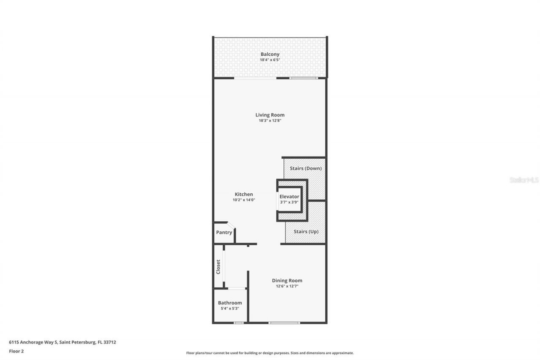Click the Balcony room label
(270, 54)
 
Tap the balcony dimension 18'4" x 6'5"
(270, 60)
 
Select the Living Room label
(270, 115)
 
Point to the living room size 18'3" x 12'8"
(270, 121)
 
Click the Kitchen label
(244, 194)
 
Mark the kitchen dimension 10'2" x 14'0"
(244, 200)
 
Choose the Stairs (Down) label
(305, 168)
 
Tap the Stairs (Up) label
(306, 232)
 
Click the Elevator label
(289, 196)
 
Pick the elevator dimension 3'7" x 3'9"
(289, 202)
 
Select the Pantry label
(224, 233)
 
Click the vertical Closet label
(218, 267)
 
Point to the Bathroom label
(230, 303)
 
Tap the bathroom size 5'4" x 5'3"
(230, 309)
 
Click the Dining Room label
(287, 280)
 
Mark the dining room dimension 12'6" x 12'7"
(287, 286)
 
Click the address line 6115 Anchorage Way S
(62, 342)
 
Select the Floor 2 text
(16, 351)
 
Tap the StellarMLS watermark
(524, 180)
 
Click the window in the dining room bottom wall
(284, 323)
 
